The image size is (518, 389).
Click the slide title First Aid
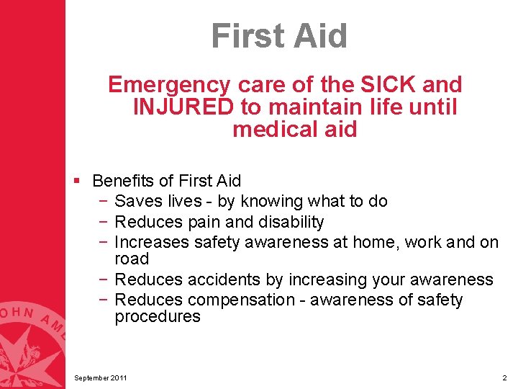coord(279,35)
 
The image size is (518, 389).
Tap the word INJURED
coord(183,107)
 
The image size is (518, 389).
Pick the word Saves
coord(138,201)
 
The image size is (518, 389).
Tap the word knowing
coord(273,201)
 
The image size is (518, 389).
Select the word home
coord(374,242)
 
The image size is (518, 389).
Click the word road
coord(132,259)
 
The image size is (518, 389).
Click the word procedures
coord(158,317)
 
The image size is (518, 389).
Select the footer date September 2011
coord(100,378)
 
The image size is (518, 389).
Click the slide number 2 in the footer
coord(504,378)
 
